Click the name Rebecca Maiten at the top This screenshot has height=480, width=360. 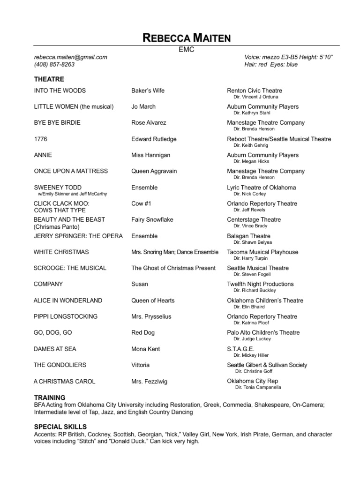pyautogui.click(x=187, y=38)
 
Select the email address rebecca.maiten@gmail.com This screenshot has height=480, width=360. pyautogui.click(x=71, y=57)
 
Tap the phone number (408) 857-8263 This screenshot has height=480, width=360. pyautogui.click(x=54, y=65)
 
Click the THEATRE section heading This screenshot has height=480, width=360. pyautogui.click(x=49, y=79)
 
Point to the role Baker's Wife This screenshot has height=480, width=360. pyautogui.click(x=148, y=90)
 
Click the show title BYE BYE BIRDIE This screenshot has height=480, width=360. pyautogui.click(x=57, y=123)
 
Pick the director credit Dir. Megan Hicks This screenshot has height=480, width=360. pyautogui.click(x=252, y=161)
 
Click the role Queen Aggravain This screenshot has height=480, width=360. pyautogui.click(x=154, y=171)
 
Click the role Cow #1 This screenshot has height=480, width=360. pyautogui.click(x=141, y=204)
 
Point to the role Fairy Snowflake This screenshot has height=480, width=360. pyautogui.click(x=152, y=220)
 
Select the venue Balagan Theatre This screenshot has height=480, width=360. pyautogui.click(x=249, y=236)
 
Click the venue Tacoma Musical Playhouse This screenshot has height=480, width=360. pyautogui.click(x=262, y=252)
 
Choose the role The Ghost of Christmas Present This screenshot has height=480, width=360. pyautogui.click(x=173, y=268)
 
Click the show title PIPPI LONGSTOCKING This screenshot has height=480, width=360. pyautogui.click(x=66, y=316)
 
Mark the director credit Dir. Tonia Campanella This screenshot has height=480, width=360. pyautogui.click(x=261, y=388)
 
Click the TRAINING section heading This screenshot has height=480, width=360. pyautogui.click(x=50, y=397)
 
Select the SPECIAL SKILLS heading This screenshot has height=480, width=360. pyautogui.click(x=60, y=427)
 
